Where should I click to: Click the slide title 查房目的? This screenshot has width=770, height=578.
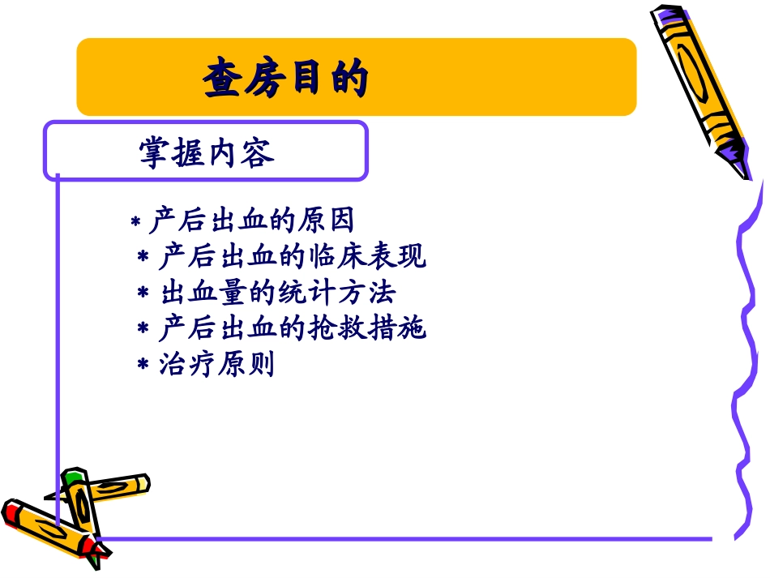click(x=286, y=79)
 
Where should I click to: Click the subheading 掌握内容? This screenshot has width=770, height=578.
click(x=207, y=152)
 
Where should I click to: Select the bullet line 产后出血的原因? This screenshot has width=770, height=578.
click(x=252, y=221)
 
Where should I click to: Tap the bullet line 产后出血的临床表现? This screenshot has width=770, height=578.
click(x=292, y=258)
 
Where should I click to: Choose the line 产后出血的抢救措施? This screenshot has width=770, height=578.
click(x=292, y=329)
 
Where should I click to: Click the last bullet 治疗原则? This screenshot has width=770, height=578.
click(x=217, y=365)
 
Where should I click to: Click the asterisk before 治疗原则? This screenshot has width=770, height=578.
click(x=143, y=366)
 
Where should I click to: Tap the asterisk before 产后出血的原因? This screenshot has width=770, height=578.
click(x=136, y=222)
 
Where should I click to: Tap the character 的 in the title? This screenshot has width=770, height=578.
click(x=349, y=79)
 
